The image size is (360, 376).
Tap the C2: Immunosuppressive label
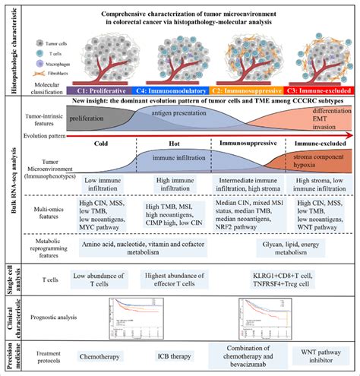(246, 87)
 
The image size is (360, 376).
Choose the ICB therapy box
(173, 353)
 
